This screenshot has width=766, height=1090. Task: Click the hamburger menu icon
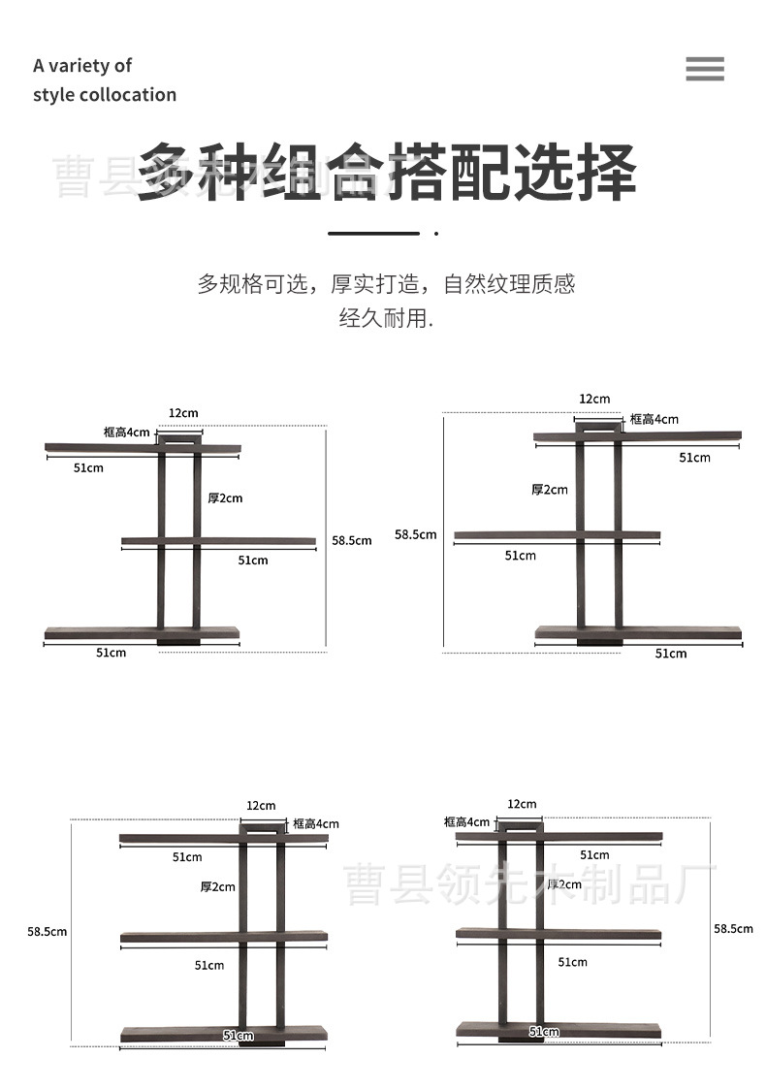[x=705, y=69]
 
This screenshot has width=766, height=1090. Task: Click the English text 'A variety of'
[x=82, y=66]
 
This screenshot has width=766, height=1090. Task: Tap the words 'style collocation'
[x=105, y=95]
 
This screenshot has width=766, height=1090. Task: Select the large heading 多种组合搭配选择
[x=386, y=173]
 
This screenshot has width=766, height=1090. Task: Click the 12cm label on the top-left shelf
[x=183, y=413]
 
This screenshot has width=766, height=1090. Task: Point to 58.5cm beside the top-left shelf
[x=352, y=540]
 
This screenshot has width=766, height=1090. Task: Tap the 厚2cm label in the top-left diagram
[x=225, y=498]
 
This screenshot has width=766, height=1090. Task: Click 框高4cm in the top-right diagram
[x=654, y=419]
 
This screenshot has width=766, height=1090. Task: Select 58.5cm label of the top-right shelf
[x=415, y=534]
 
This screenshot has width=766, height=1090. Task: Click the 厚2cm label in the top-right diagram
[x=550, y=490]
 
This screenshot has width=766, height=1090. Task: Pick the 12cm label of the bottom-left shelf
[x=261, y=805]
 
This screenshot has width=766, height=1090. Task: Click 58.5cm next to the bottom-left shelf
[x=47, y=932]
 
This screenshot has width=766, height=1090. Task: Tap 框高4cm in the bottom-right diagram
[x=467, y=822]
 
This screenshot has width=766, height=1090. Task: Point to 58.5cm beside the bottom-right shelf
[x=733, y=929]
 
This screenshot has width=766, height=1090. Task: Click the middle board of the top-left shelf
[x=219, y=540]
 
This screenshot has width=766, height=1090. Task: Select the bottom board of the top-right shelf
[x=638, y=633]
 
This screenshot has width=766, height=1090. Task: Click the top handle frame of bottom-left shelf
[x=263, y=827]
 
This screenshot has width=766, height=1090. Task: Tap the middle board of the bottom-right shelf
[x=559, y=934]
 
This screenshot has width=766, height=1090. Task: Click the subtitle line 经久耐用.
[x=385, y=318]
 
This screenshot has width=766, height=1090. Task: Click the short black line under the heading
[x=373, y=234]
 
